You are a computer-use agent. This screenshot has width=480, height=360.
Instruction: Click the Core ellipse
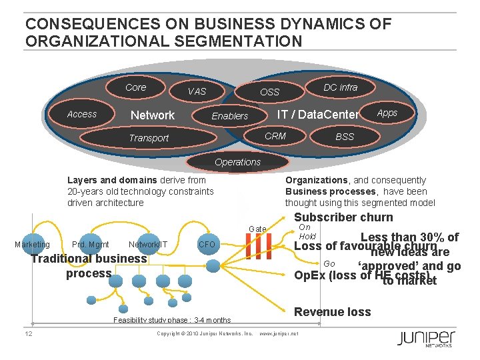[135, 87]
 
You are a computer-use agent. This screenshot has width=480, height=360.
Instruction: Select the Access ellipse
[82, 114]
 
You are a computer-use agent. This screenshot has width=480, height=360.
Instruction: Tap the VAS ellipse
[197, 91]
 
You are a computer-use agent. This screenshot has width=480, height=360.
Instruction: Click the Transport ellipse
[149, 138]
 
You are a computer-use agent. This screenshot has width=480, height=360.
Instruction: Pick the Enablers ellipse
[229, 116]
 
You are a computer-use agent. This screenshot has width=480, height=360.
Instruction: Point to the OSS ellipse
[269, 91]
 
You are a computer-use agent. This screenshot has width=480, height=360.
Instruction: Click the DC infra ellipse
[340, 87]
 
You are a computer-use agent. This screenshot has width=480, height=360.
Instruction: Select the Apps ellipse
[387, 113]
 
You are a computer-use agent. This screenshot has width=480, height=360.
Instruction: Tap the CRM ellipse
[275, 136]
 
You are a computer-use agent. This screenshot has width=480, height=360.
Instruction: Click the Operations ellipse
[237, 162]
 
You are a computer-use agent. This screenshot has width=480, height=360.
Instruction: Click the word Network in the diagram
[153, 115]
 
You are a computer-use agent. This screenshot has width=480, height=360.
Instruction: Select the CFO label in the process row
[207, 245]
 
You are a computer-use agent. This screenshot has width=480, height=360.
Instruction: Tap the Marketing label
[32, 245]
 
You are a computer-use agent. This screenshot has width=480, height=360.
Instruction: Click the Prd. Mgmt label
[91, 245]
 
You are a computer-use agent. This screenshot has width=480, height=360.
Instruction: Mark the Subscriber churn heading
[343, 217]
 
